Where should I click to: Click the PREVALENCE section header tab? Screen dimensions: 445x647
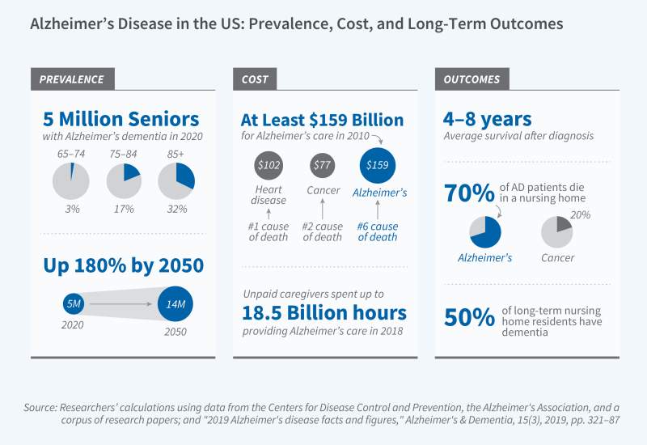72,79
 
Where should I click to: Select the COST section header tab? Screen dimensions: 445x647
256,79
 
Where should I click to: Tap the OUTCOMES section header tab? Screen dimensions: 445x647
472,79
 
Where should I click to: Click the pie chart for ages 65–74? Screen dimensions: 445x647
70,180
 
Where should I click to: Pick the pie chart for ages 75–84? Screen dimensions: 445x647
124,180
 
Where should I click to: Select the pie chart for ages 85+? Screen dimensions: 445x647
175,180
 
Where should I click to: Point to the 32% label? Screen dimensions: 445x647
176,210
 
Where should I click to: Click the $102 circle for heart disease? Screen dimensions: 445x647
268,165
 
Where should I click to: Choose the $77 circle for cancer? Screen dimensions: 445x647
323,165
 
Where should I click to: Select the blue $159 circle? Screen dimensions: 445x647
377,165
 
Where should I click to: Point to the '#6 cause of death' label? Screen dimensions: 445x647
378,231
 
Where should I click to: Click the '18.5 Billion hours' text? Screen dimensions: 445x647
323,312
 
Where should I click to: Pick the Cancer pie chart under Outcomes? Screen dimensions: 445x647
557,232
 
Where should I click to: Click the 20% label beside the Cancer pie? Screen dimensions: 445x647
580,214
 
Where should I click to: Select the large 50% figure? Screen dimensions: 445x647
468,317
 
